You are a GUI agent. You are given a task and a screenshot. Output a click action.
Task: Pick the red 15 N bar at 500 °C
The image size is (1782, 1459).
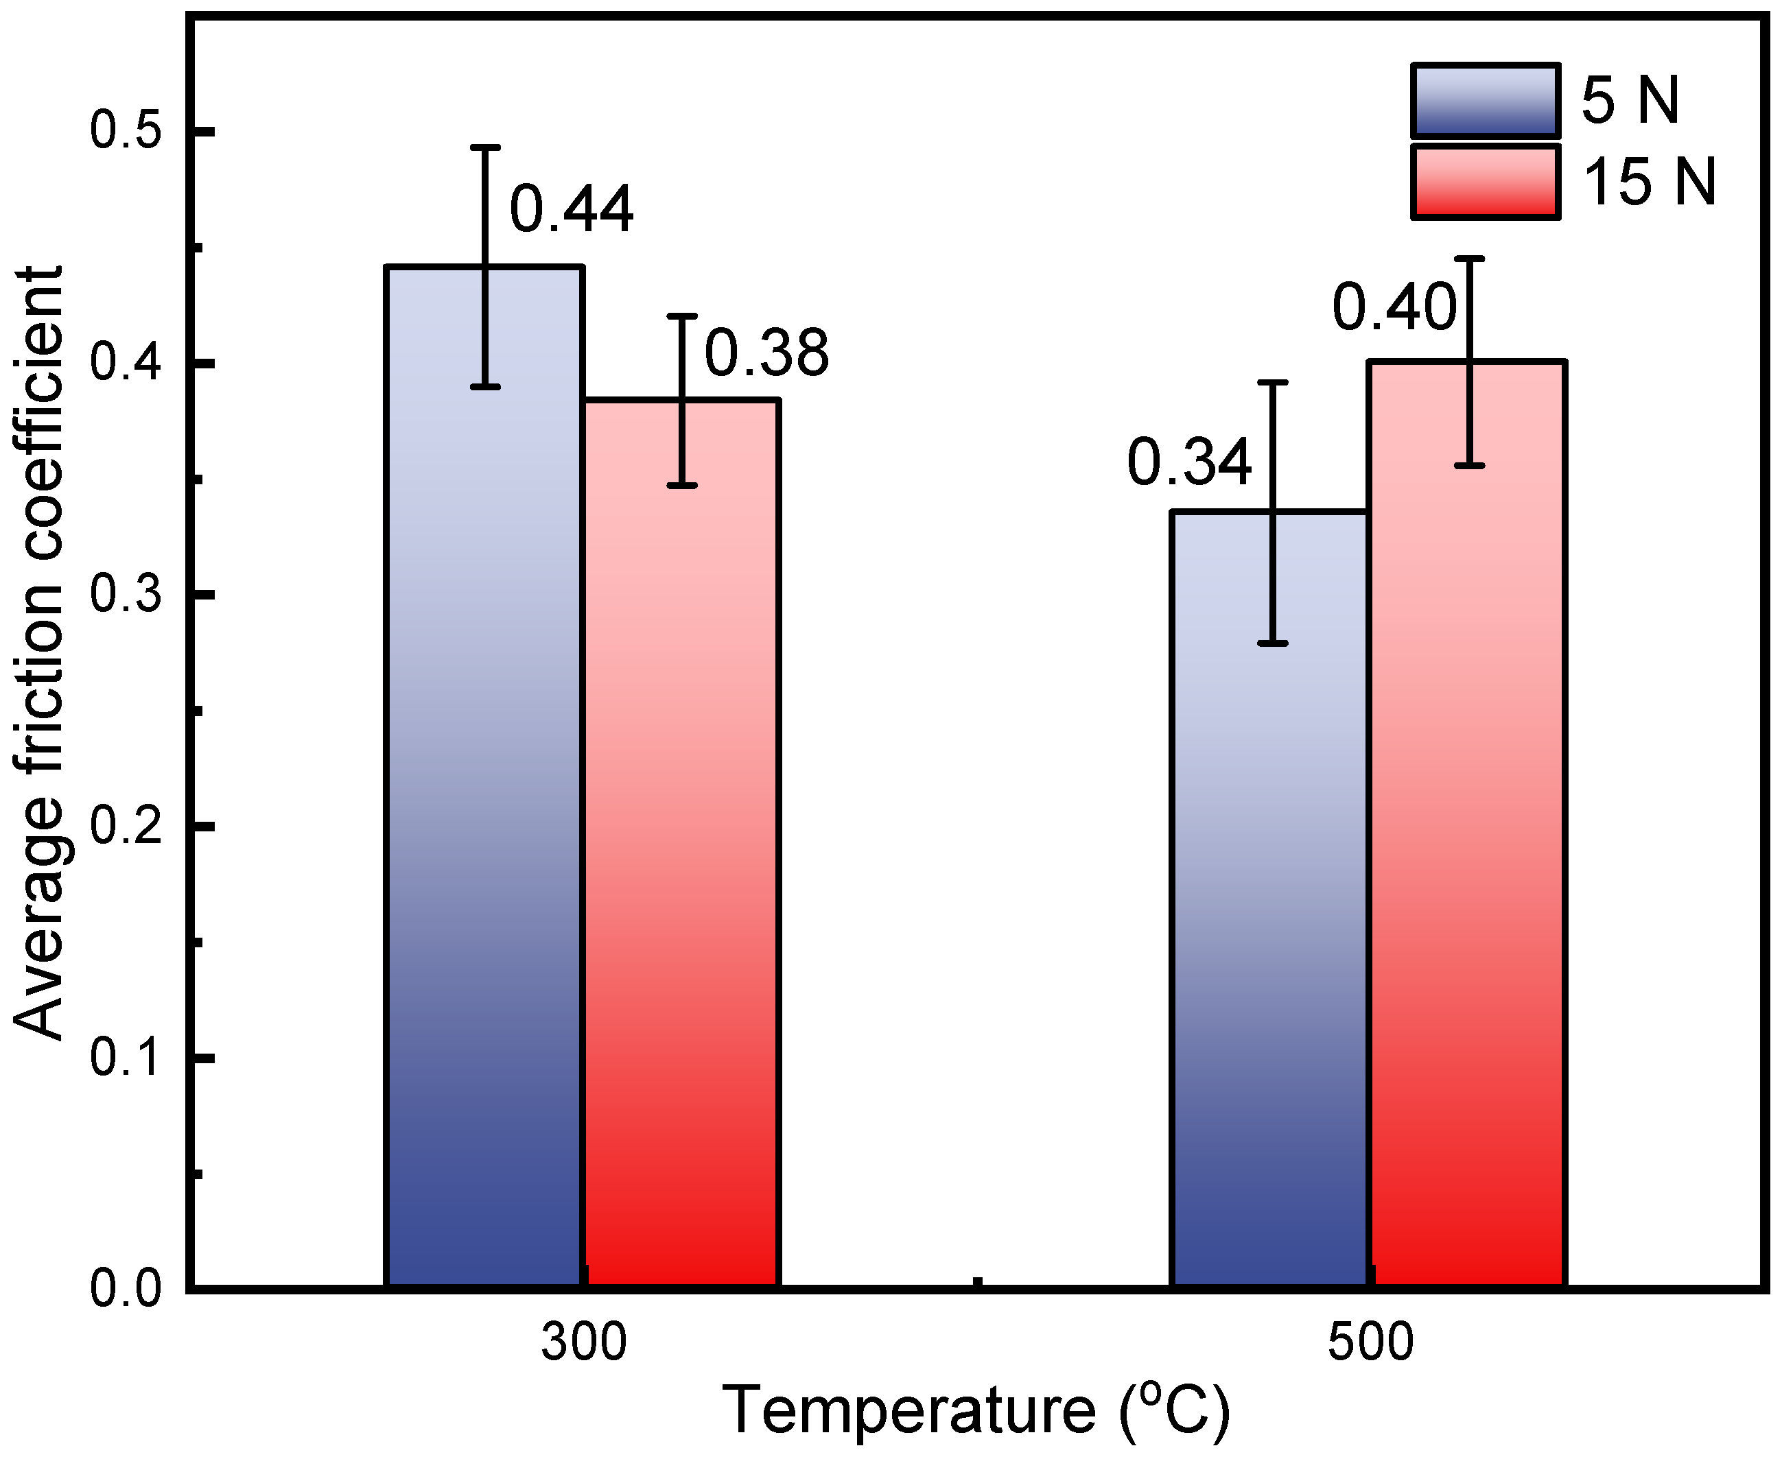click(x=1467, y=840)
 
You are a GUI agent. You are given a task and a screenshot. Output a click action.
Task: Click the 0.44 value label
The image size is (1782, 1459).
click(x=572, y=210)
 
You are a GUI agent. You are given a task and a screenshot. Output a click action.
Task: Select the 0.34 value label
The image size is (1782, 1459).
click(x=1189, y=463)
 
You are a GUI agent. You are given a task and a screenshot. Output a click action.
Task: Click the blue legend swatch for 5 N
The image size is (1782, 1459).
click(x=1486, y=101)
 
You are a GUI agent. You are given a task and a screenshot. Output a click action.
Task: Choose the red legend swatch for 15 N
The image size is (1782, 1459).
click(x=1486, y=182)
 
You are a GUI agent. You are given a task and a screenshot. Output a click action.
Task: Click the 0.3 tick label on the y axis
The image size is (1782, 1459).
click(x=126, y=594)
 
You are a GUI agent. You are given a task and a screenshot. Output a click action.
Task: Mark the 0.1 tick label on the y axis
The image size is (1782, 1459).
click(x=126, y=1057)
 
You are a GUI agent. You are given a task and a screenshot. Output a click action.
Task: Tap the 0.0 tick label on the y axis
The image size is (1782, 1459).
click(x=126, y=1288)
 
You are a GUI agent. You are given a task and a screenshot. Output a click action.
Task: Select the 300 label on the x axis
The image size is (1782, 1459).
click(x=583, y=1342)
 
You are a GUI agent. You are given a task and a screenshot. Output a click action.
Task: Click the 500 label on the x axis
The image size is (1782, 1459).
click(x=1370, y=1342)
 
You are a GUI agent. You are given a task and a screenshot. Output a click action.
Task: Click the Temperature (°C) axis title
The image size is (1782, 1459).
click(x=975, y=1412)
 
